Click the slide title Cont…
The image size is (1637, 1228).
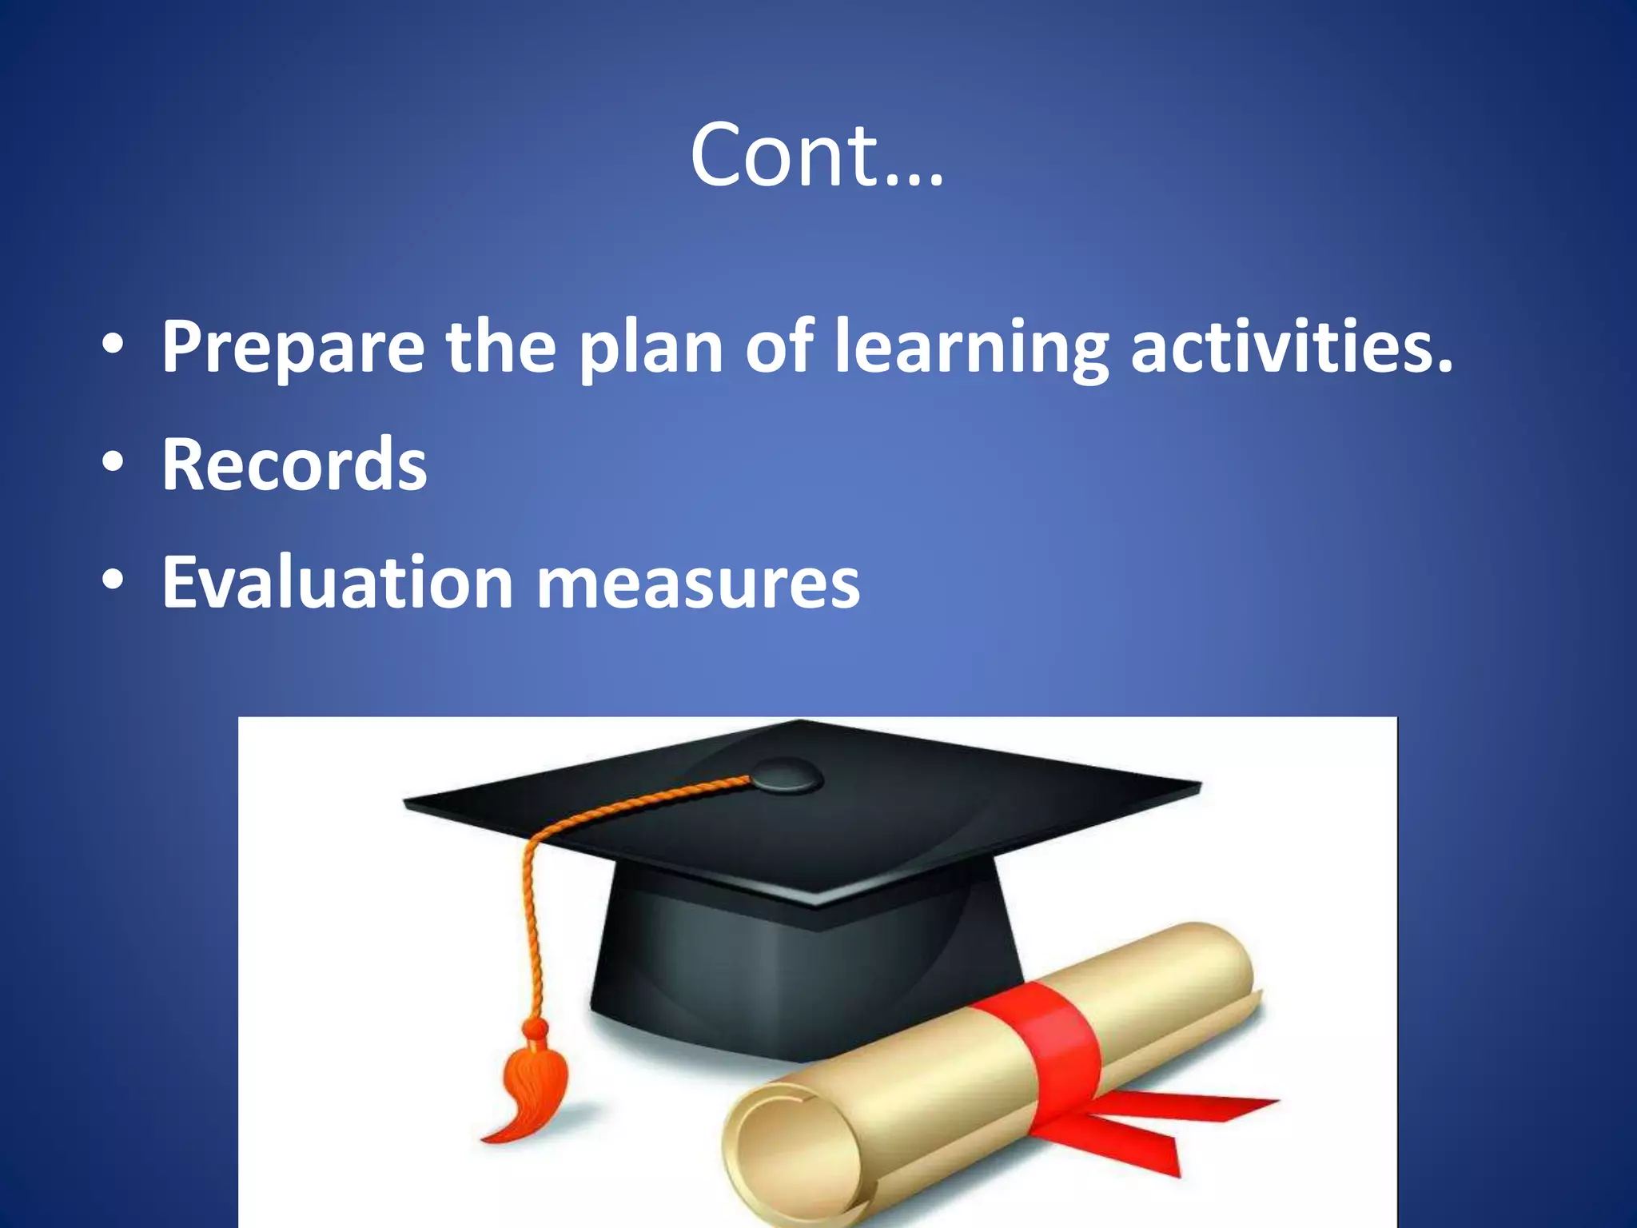(817, 155)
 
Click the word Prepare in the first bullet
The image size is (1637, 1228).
(293, 347)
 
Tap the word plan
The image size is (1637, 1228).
(651, 349)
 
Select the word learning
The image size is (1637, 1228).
(971, 349)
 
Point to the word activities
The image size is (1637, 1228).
(1291, 347)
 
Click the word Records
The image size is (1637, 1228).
(294, 464)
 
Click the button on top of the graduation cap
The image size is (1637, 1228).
(787, 774)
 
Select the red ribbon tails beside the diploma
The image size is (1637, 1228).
(1183, 1119)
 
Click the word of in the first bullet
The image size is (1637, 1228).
(779, 347)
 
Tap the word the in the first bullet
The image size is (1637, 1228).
(500, 347)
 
